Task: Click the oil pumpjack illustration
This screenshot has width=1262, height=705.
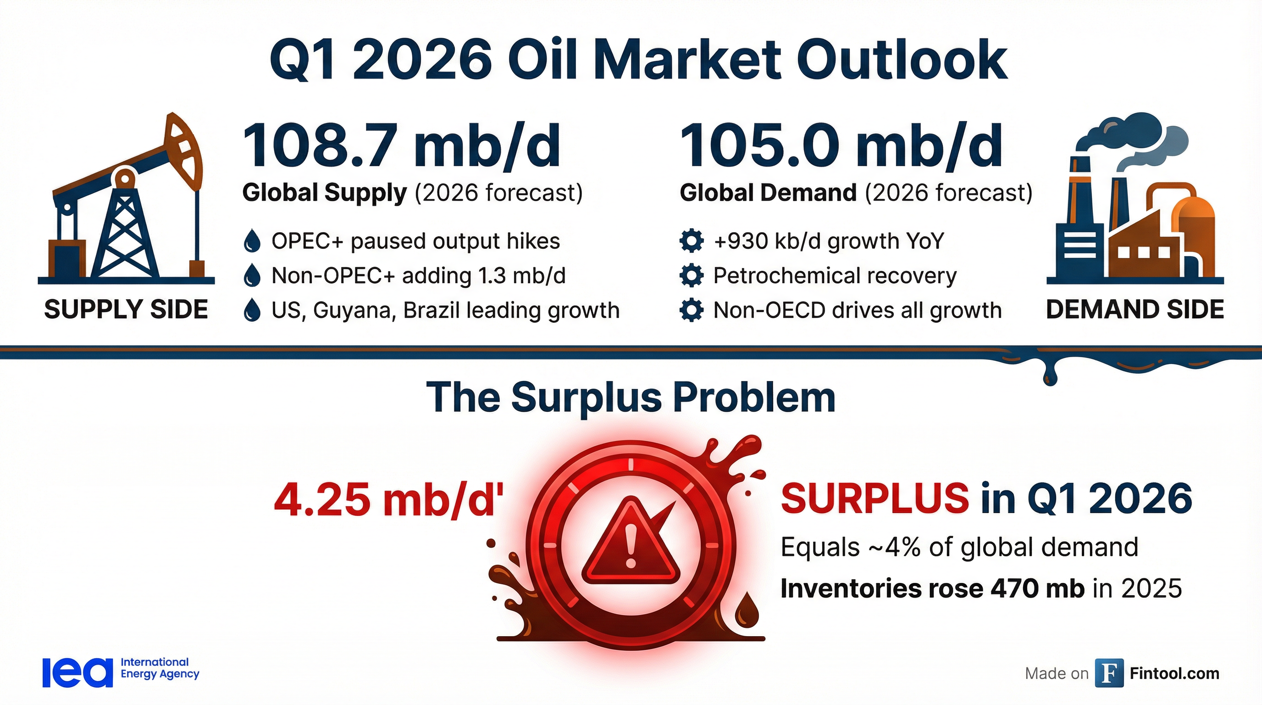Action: click(127, 201)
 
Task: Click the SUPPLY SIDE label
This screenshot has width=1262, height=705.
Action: click(126, 310)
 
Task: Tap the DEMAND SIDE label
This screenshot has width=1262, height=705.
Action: click(1135, 310)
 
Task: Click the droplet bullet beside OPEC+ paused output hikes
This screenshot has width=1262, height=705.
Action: click(252, 241)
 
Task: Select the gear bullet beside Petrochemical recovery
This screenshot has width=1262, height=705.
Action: click(692, 275)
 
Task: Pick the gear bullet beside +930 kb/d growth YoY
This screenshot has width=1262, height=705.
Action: click(692, 241)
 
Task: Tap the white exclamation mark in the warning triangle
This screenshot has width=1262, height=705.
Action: click(631, 544)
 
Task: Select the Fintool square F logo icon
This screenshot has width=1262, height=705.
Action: click(1109, 674)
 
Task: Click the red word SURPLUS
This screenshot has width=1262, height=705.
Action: click(875, 498)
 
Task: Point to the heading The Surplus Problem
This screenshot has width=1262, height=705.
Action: click(631, 397)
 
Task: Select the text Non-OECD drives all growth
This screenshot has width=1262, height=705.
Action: click(858, 310)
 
